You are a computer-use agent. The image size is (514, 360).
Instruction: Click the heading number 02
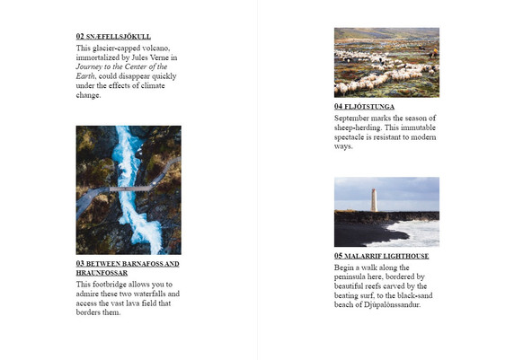click(x=80, y=36)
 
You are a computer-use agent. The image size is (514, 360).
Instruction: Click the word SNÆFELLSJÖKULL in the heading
click(x=119, y=37)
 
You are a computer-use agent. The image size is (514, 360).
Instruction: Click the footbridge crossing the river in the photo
click(x=126, y=189)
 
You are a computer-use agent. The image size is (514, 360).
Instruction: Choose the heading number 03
click(x=80, y=264)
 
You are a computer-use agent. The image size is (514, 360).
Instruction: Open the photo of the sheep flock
click(x=386, y=62)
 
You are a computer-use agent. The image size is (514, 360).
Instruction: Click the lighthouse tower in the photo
click(x=373, y=199)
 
